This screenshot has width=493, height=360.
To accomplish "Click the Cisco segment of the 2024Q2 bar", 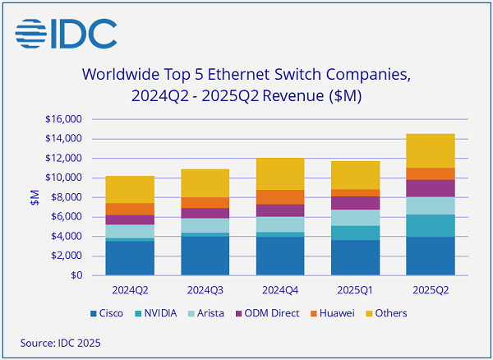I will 130,257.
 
